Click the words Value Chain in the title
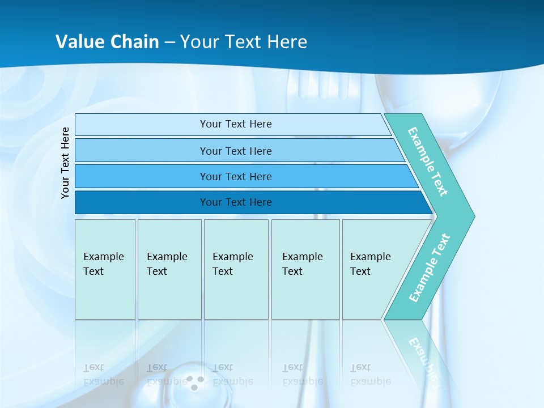[107, 42]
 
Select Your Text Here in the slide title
[244, 42]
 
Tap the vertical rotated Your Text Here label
[65, 163]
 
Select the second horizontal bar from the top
[235, 151]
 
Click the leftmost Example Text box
[105, 269]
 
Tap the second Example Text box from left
[169, 269]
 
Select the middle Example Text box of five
[236, 269]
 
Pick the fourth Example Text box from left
[305, 269]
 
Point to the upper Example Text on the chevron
[428, 161]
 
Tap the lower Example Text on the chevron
[430, 267]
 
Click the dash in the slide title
[169, 42]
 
